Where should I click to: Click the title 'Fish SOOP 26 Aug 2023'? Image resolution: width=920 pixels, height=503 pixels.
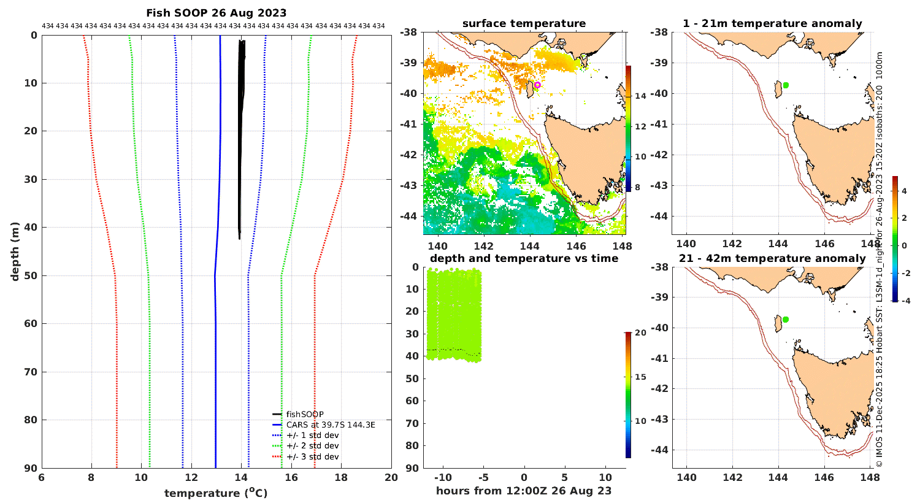(x=216, y=13)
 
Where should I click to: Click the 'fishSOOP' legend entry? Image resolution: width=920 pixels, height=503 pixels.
(x=304, y=415)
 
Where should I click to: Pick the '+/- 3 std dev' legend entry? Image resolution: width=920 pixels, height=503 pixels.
(x=312, y=456)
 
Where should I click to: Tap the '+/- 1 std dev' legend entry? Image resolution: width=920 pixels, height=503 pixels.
(x=312, y=435)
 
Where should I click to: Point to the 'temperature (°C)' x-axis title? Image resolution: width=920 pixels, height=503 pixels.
(x=216, y=493)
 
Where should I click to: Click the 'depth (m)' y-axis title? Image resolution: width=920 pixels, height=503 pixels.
(x=15, y=251)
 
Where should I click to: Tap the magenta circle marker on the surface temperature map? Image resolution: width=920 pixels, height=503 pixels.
(x=537, y=85)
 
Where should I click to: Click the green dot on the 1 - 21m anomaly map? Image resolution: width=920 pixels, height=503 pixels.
(x=786, y=85)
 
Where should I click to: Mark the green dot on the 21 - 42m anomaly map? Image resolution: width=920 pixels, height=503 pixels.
(x=786, y=320)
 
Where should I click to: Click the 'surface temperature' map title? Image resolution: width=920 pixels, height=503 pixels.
(x=524, y=24)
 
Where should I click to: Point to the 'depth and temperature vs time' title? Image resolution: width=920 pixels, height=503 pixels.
(x=524, y=258)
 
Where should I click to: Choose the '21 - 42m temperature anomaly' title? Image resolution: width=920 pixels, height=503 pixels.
(x=772, y=258)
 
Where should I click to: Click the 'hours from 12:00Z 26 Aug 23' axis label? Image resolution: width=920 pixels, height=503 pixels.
(x=524, y=491)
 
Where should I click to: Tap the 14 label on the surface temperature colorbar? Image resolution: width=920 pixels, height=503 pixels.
(x=640, y=96)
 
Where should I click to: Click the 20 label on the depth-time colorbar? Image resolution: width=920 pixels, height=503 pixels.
(x=640, y=333)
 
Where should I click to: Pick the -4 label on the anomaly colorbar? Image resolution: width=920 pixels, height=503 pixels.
(x=905, y=301)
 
